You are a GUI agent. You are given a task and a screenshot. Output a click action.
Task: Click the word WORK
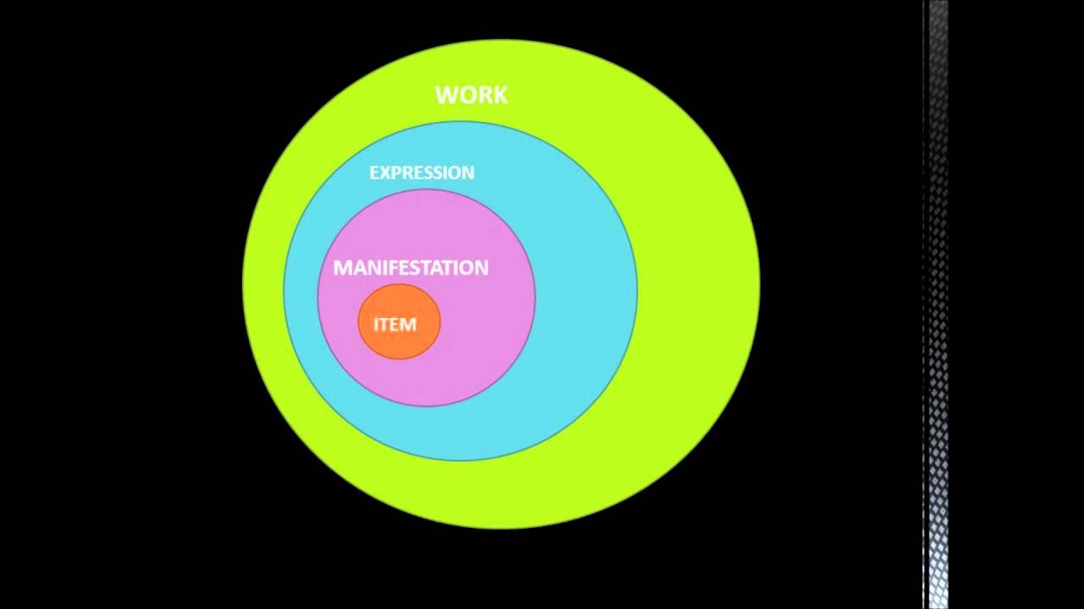tap(472, 95)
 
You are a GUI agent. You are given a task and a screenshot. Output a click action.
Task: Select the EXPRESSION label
tap(422, 173)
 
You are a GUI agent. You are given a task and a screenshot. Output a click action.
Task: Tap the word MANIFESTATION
tap(411, 268)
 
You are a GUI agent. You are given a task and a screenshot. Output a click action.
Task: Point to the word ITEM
tap(395, 325)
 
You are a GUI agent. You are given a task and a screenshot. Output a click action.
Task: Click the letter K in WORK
tap(501, 95)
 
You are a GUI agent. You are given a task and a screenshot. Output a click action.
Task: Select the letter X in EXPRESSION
tap(385, 173)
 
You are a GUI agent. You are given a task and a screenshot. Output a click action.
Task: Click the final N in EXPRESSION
tap(467, 173)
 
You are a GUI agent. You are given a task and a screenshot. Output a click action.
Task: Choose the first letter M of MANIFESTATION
tap(342, 268)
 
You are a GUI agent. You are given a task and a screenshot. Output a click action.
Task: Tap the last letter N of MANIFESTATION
tap(480, 268)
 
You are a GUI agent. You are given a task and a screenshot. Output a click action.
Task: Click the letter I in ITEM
tap(376, 325)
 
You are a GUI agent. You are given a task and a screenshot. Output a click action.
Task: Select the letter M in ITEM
tap(408, 325)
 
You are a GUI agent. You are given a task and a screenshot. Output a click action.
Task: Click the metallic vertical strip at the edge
tap(937, 304)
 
